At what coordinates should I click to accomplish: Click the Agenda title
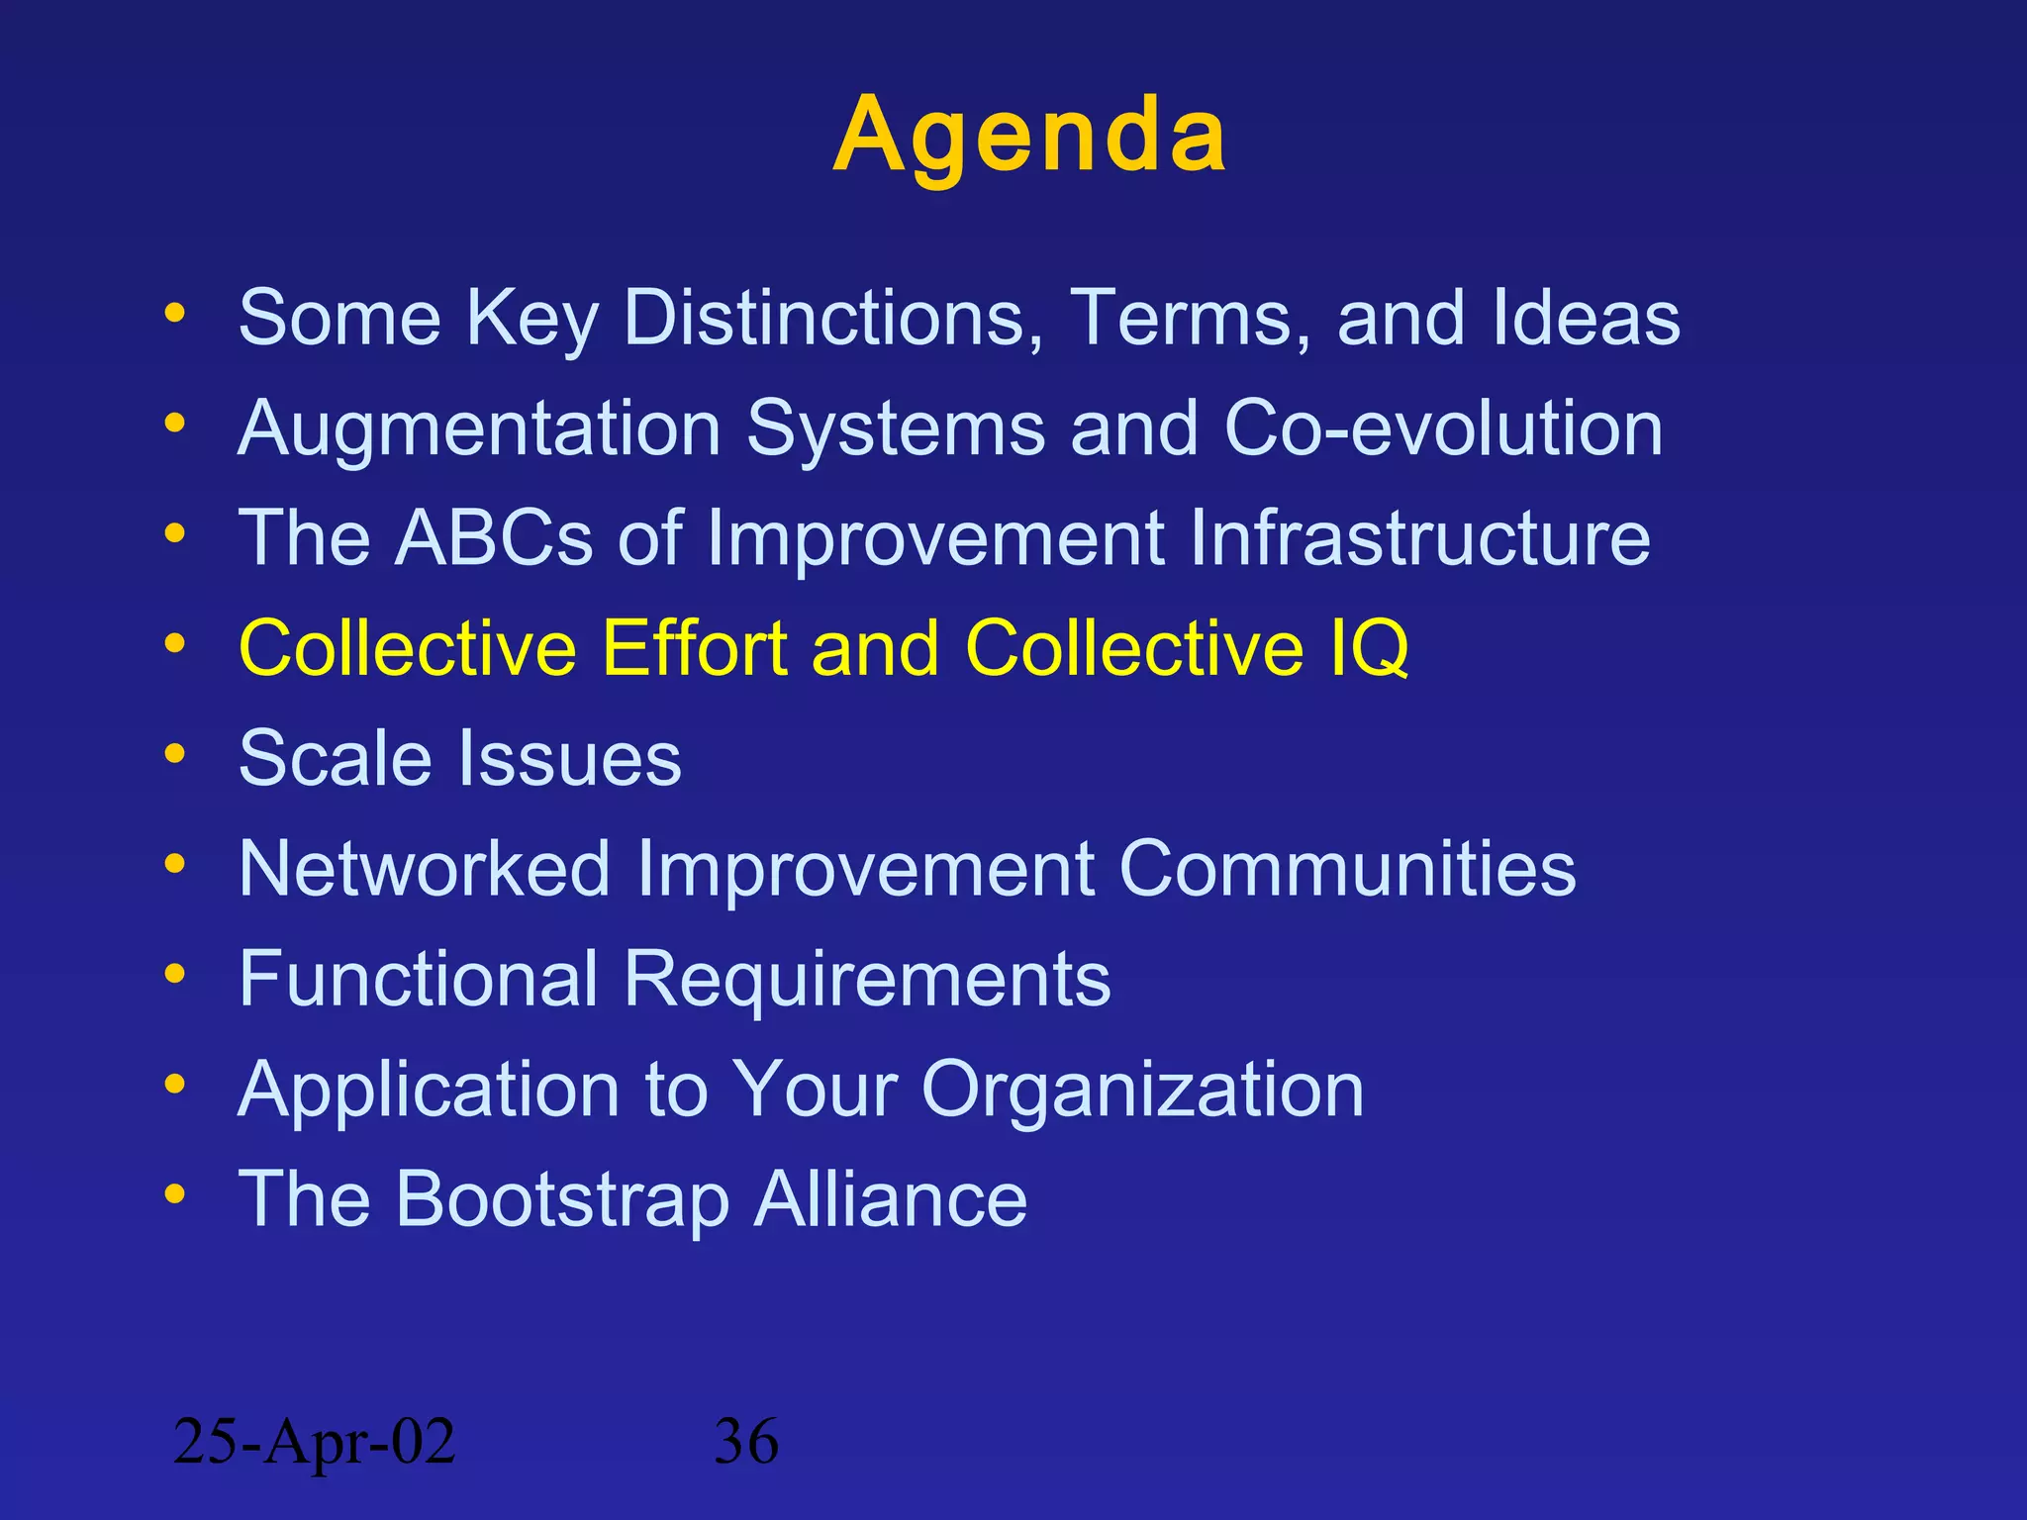(x=1029, y=136)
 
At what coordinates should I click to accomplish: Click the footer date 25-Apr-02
(x=314, y=1441)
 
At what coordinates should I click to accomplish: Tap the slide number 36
(x=746, y=1441)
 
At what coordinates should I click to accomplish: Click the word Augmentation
(x=480, y=429)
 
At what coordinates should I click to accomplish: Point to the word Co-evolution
(x=1443, y=429)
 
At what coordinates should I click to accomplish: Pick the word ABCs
(x=494, y=538)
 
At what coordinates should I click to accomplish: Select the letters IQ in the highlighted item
(x=1369, y=649)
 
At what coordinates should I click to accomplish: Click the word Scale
(x=336, y=759)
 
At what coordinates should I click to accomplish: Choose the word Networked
(x=425, y=869)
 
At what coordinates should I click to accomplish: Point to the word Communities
(x=1347, y=869)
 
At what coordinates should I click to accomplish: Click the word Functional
(x=419, y=980)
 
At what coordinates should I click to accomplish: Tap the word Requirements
(x=867, y=980)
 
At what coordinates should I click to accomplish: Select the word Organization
(x=1143, y=1090)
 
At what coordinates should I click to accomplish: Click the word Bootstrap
(x=562, y=1199)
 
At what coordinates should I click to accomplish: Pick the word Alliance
(x=891, y=1199)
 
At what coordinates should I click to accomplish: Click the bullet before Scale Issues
(x=175, y=755)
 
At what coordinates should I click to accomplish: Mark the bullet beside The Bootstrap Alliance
(x=175, y=1194)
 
